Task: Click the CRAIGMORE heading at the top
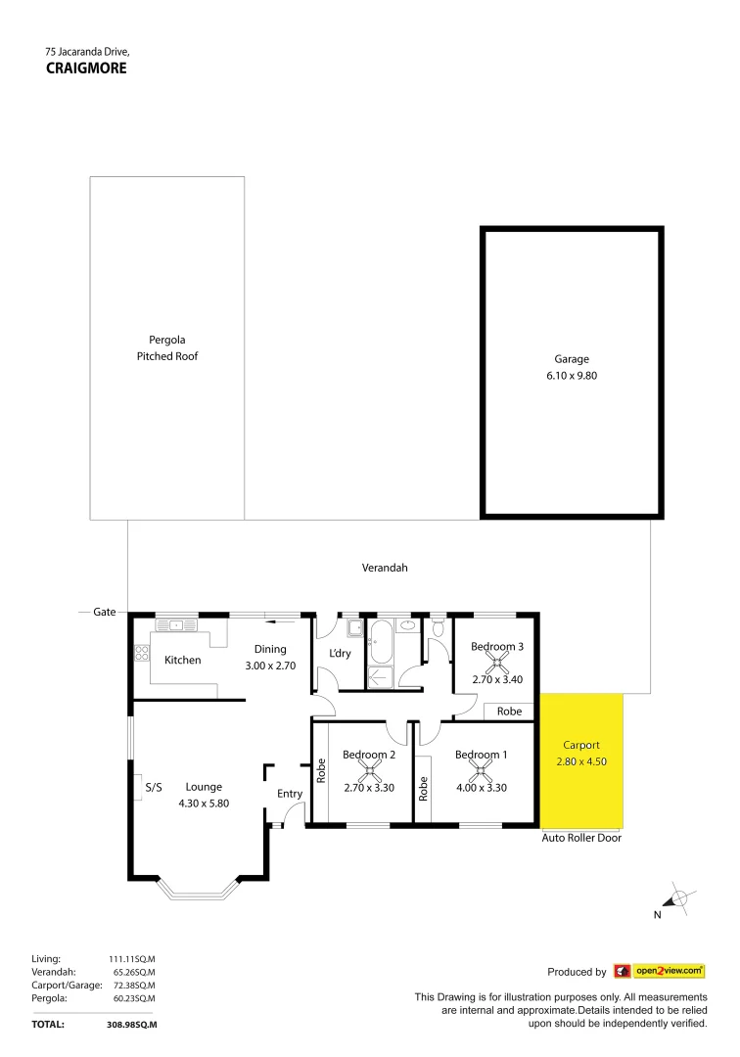(x=86, y=69)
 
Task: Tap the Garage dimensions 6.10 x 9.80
(x=572, y=376)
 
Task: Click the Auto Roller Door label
(x=581, y=838)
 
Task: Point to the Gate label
(x=104, y=612)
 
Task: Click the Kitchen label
(x=182, y=660)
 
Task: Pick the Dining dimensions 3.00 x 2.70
(x=270, y=666)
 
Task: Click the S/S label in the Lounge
(x=153, y=787)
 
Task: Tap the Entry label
(x=290, y=794)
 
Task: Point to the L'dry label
(x=340, y=653)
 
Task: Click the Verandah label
(x=385, y=568)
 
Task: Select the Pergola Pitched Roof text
(x=166, y=348)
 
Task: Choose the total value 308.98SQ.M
(x=132, y=1024)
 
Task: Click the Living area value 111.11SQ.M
(x=132, y=959)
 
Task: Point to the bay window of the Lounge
(x=198, y=888)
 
